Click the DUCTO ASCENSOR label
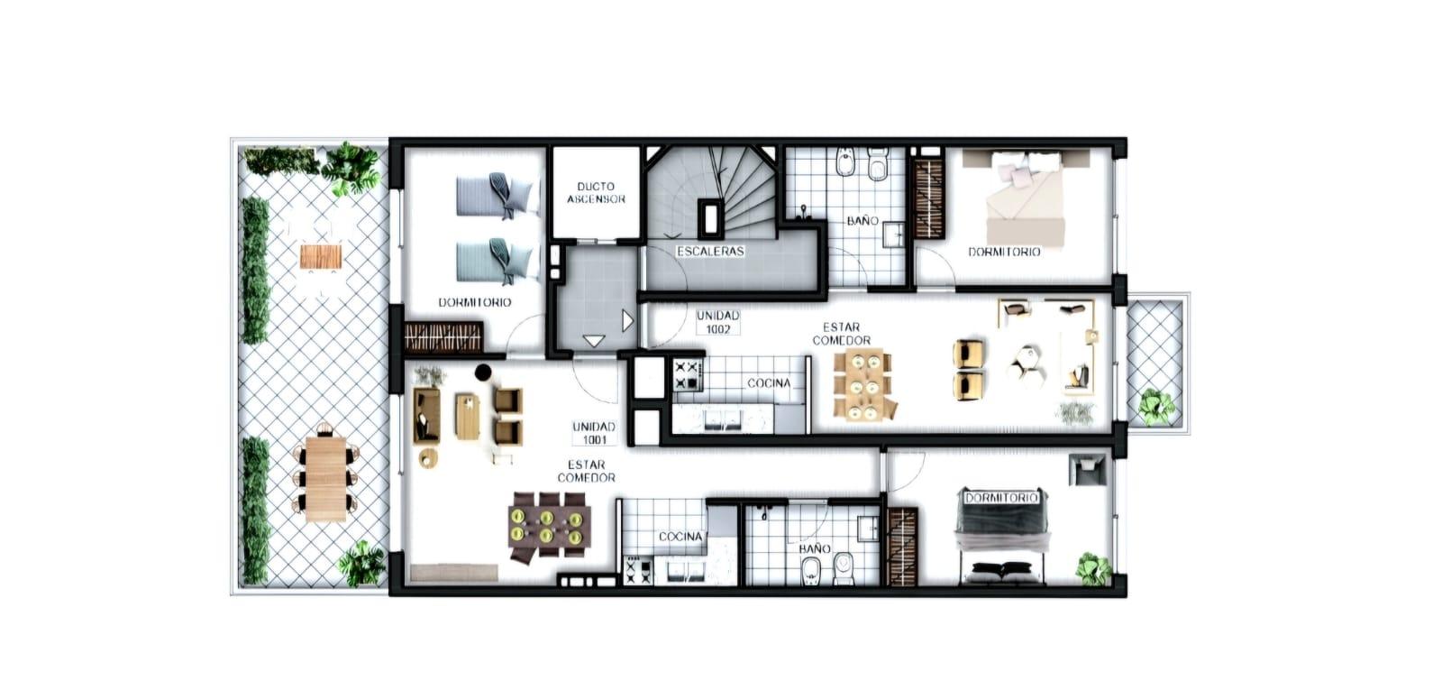click(x=596, y=193)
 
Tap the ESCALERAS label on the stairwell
click(x=710, y=252)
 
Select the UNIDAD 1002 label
click(x=717, y=322)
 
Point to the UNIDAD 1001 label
click(x=594, y=433)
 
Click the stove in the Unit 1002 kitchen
click(x=687, y=375)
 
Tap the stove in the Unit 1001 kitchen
click(x=638, y=570)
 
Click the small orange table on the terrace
click(x=321, y=256)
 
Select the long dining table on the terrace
click(x=326, y=478)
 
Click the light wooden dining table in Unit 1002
click(x=863, y=384)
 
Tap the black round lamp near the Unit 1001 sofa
click(x=483, y=372)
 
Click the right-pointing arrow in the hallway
click(x=627, y=320)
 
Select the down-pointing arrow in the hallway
click(x=593, y=341)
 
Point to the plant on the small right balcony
click(x=1155, y=407)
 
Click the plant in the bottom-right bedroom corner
click(x=1094, y=568)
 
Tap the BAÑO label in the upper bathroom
click(x=862, y=221)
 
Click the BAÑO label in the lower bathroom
click(x=815, y=549)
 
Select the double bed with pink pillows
click(x=1026, y=198)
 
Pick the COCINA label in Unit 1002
click(x=769, y=383)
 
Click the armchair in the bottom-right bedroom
click(x=1088, y=468)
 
